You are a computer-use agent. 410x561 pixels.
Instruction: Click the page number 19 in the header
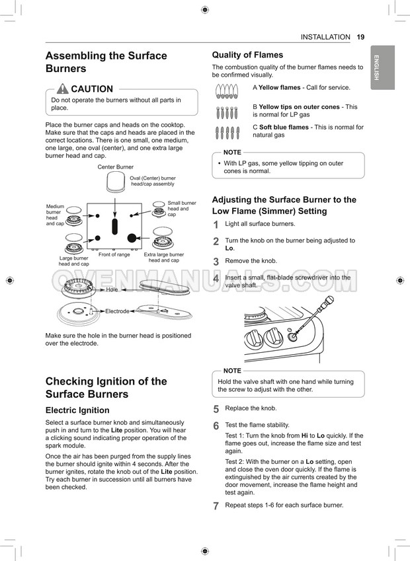(360, 37)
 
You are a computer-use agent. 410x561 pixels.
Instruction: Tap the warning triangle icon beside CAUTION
(62, 89)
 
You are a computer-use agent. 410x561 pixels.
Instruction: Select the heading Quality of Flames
(247, 55)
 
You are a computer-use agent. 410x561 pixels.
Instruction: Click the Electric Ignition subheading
(77, 410)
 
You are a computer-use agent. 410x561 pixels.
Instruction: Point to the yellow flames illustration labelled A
(227, 91)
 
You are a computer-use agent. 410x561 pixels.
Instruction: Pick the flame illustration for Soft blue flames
(227, 133)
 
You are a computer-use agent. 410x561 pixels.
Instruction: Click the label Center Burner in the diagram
(116, 167)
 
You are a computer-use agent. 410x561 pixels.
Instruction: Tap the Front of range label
(114, 254)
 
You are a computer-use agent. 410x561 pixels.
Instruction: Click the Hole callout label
(112, 289)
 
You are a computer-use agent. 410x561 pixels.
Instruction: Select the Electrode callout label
(117, 311)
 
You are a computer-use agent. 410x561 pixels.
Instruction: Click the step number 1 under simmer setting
(216, 225)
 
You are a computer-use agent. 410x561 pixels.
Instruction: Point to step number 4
(216, 280)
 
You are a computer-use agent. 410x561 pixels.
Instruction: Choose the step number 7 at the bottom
(216, 506)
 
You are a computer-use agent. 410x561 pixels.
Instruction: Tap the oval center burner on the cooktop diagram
(115, 227)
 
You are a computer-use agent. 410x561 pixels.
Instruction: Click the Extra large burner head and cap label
(163, 258)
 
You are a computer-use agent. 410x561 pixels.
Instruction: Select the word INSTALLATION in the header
(325, 37)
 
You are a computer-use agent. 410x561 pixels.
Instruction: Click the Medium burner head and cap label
(55, 215)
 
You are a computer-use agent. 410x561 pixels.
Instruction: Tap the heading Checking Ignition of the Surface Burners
(106, 387)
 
